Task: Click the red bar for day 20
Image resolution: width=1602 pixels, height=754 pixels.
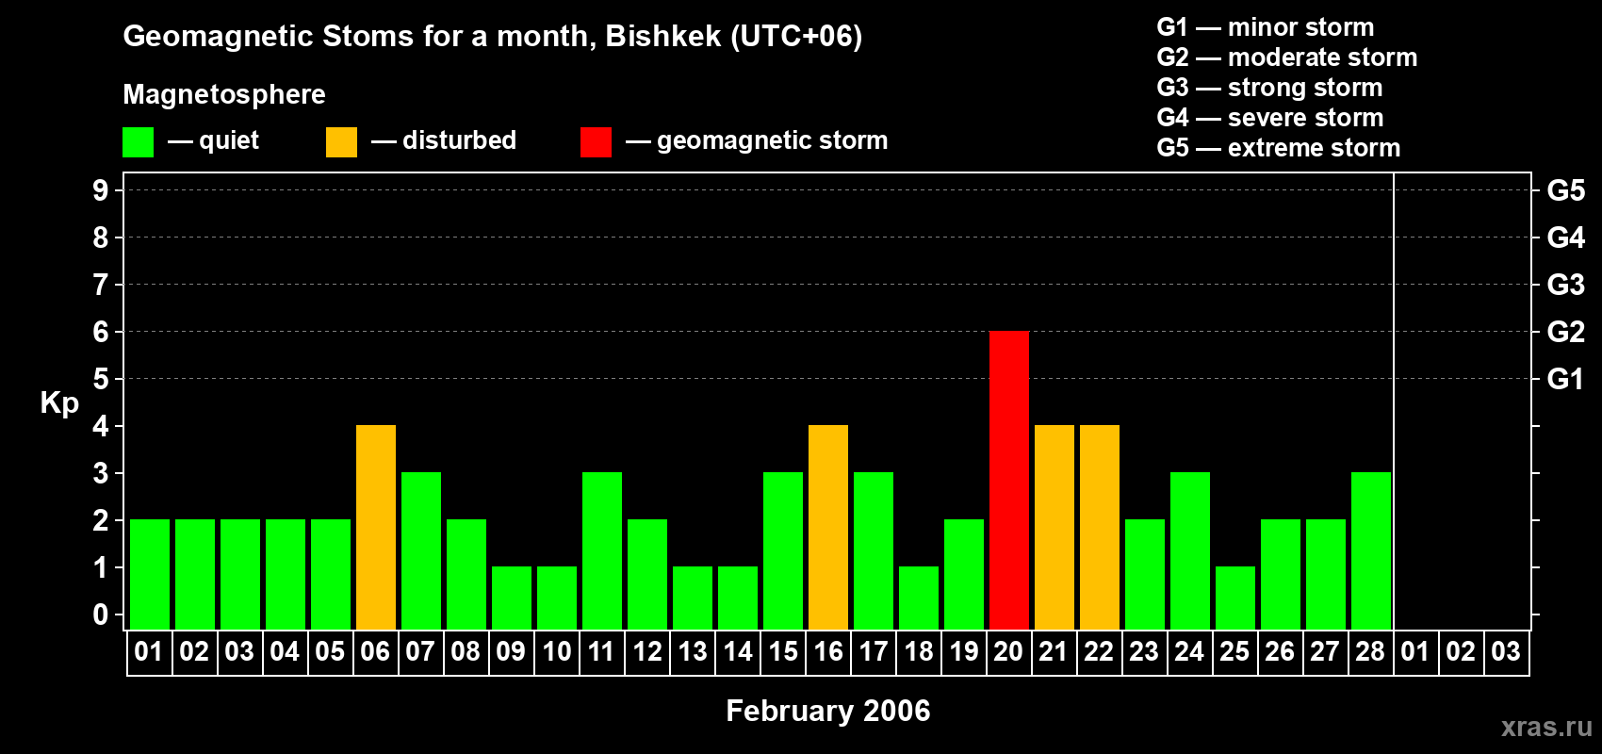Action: tap(1009, 480)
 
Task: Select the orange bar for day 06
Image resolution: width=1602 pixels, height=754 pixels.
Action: tap(376, 527)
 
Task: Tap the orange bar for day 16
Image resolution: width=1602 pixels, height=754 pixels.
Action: tap(828, 527)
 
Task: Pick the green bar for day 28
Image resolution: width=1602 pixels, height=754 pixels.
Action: tap(1371, 550)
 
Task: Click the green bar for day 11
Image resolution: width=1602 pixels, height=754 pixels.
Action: tap(602, 550)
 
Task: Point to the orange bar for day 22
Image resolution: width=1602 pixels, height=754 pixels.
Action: tap(1100, 527)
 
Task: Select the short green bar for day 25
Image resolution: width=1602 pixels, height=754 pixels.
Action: tap(1235, 598)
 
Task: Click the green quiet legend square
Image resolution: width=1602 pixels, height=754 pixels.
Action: tap(138, 141)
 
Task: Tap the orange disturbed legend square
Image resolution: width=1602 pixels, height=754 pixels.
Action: tap(341, 141)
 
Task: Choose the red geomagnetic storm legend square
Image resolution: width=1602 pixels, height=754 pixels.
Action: tap(596, 141)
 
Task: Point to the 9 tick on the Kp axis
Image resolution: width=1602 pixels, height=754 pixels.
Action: tap(100, 190)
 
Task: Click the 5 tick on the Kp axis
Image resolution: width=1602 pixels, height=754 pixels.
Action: tap(100, 379)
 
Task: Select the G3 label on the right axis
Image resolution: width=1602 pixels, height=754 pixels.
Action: tap(1565, 285)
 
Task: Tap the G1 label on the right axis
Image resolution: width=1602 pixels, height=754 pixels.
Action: tap(1565, 379)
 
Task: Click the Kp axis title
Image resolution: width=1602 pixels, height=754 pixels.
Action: tap(59, 403)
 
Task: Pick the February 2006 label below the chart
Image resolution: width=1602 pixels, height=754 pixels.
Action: tap(828, 711)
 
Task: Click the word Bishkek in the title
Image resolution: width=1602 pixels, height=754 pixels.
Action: tap(663, 37)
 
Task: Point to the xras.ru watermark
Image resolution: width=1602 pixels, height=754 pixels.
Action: tap(1546, 727)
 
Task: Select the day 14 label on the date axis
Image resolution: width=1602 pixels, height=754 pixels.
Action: tap(737, 651)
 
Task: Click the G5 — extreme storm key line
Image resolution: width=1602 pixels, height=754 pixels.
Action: tap(1278, 148)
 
